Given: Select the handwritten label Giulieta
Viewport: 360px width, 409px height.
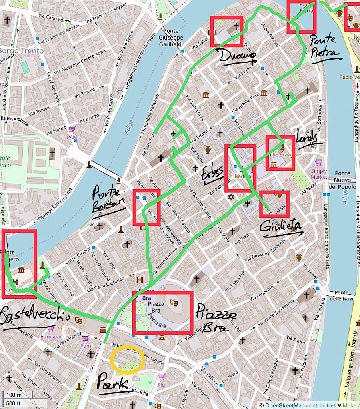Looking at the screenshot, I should click(281, 227).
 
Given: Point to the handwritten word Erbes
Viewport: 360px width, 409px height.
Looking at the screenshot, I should click(212, 175).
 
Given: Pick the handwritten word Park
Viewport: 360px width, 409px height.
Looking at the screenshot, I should click(112, 381).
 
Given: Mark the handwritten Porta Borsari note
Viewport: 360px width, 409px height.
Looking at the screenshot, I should click(105, 200).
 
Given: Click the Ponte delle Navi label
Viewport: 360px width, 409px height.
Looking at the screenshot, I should click(344, 295).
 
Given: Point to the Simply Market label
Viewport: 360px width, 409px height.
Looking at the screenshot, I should click(319, 174).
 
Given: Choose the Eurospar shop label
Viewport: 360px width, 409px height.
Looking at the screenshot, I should click(51, 337).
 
